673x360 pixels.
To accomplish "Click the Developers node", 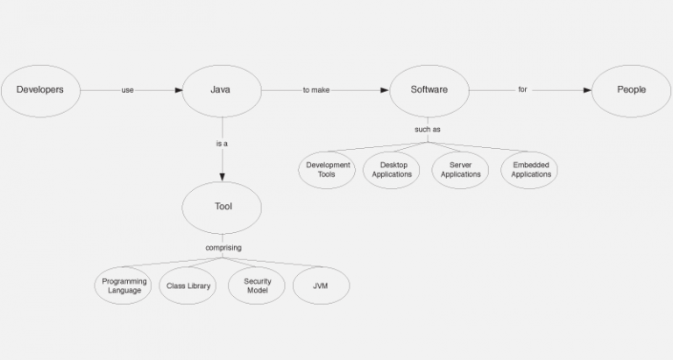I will point(40,89).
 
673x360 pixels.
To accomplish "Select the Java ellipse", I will point(222,89).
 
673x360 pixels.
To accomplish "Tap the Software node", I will point(429,89).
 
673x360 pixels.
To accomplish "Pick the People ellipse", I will point(631,89).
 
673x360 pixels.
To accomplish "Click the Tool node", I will point(223,207).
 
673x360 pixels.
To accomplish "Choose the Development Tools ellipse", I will point(328,169).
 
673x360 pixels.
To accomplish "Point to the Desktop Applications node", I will point(392,169).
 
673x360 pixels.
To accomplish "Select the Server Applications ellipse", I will point(460,169).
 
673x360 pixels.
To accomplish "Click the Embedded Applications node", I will point(531,169).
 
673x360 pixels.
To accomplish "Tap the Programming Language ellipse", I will point(124,286).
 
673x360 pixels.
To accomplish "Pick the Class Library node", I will point(188,286).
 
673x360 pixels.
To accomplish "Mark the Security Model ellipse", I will point(257,286).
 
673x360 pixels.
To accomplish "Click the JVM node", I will point(321,286).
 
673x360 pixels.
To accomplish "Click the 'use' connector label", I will point(127,89).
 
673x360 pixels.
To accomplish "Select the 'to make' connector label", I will point(315,89).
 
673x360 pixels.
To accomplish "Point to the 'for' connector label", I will point(522,89).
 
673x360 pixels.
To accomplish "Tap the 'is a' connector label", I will point(222,143).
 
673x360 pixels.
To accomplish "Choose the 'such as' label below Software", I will point(428,130).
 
